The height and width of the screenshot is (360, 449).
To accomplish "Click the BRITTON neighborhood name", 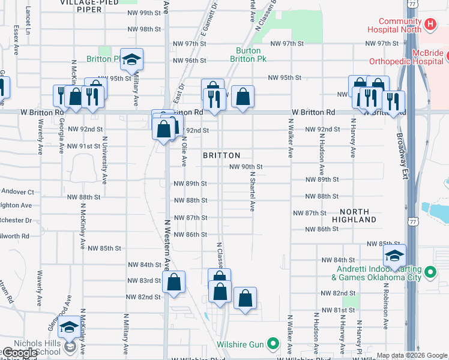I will click(221, 155).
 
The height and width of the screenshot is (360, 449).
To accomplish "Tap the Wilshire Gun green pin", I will click(273, 344).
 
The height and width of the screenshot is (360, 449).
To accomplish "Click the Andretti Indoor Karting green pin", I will click(430, 273).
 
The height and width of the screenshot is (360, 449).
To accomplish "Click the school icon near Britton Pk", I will click(131, 59).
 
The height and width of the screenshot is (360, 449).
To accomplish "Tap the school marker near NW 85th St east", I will click(394, 256).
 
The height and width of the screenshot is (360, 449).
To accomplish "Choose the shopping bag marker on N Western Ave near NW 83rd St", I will click(173, 283).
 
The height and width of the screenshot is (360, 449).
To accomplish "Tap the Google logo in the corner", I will click(20, 353).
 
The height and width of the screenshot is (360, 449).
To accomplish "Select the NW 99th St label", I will click(144, 13).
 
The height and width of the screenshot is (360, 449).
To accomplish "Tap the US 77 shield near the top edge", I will click(411, 4).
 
